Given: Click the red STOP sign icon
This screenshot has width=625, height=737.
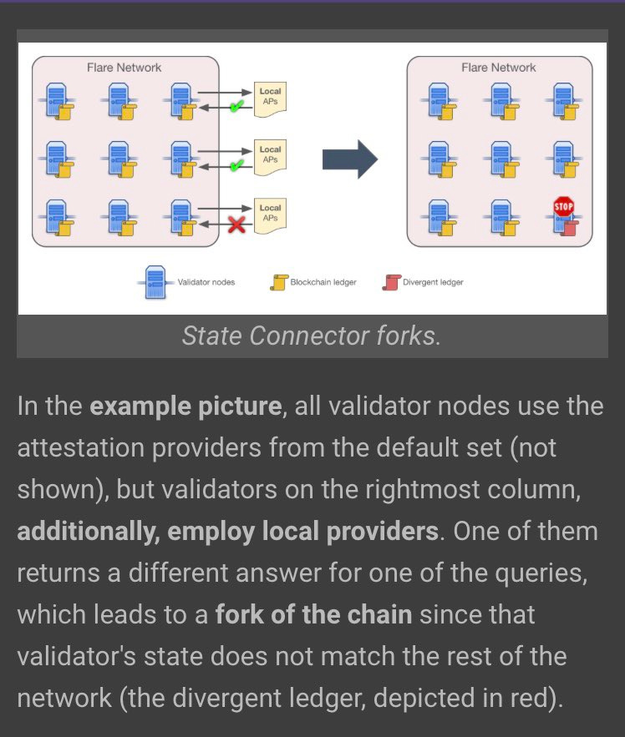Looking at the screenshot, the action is [x=563, y=205].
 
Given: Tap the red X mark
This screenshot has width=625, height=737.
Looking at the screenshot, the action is [x=237, y=224].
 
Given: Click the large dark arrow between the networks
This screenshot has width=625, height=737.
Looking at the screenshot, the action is [x=350, y=159].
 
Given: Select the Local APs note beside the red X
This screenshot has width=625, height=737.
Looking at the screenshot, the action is [x=270, y=214].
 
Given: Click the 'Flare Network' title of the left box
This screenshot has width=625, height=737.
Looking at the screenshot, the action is [x=124, y=67].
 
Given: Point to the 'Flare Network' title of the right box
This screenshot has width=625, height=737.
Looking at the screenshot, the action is [x=499, y=67].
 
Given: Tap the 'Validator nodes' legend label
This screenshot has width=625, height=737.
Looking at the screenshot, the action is [x=206, y=282].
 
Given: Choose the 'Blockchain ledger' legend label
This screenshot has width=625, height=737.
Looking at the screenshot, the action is [x=323, y=282].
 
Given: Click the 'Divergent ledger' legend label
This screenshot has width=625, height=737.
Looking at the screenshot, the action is [x=433, y=282].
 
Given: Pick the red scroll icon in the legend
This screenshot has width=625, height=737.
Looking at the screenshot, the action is [x=389, y=282].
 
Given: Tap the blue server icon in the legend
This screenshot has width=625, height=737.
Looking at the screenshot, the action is [x=155, y=281].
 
